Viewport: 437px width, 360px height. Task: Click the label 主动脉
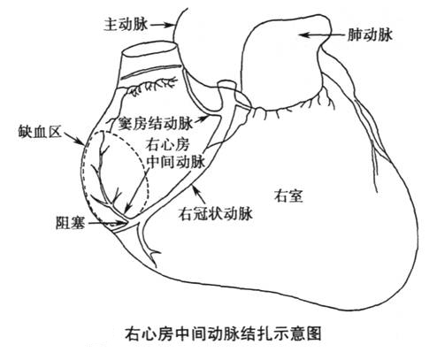click(x=126, y=25)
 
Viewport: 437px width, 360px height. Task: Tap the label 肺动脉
click(x=370, y=34)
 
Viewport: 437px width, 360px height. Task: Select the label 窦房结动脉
click(x=155, y=123)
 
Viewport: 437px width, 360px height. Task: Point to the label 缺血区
click(x=40, y=131)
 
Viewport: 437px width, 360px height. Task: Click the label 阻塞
click(x=71, y=223)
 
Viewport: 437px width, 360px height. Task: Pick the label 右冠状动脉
click(x=216, y=213)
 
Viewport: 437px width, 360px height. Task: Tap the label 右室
click(x=288, y=196)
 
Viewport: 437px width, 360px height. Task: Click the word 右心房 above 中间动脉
click(x=168, y=145)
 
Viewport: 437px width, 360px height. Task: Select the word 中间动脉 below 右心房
click(x=176, y=161)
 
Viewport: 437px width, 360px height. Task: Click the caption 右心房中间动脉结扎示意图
click(x=223, y=333)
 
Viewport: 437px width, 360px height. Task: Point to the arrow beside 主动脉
click(x=162, y=26)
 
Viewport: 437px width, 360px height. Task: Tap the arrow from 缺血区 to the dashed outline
click(x=74, y=138)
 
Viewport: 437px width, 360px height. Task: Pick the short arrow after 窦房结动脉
click(x=201, y=120)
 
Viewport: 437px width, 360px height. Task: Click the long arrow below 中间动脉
click(x=135, y=191)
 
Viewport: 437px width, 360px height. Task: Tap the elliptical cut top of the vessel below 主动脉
click(x=149, y=50)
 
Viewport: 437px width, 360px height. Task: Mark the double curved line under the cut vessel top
click(x=151, y=72)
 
